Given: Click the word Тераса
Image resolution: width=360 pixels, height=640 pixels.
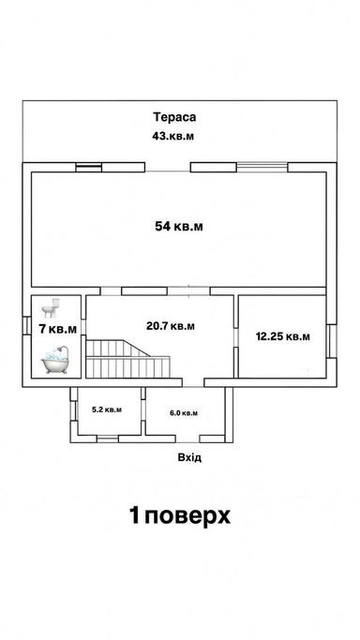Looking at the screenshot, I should pyautogui.click(x=177, y=118).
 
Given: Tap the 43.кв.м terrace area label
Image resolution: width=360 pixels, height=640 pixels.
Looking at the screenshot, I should pyautogui.click(x=177, y=137).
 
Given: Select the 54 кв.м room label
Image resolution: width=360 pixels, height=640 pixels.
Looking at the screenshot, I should pyautogui.click(x=179, y=226).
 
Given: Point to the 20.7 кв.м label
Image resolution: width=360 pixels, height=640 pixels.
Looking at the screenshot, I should pyautogui.click(x=171, y=326).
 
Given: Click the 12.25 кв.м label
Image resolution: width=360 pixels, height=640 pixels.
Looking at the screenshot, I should pyautogui.click(x=283, y=335).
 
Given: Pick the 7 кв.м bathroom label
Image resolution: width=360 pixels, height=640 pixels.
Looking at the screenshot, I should pyautogui.click(x=57, y=329).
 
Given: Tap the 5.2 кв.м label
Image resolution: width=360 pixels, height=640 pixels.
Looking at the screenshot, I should pyautogui.click(x=105, y=409).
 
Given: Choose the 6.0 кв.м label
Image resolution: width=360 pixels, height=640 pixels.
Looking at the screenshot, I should pyautogui.click(x=184, y=412).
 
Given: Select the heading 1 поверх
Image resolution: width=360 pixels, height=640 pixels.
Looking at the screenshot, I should pyautogui.click(x=180, y=515).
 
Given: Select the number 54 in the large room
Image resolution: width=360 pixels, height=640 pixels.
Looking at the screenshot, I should pyautogui.click(x=164, y=226).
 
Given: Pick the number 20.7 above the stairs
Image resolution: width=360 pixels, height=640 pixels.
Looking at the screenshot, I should pyautogui.click(x=157, y=326).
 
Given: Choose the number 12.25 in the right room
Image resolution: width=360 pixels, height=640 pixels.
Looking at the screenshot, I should pyautogui.click(x=270, y=335).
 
